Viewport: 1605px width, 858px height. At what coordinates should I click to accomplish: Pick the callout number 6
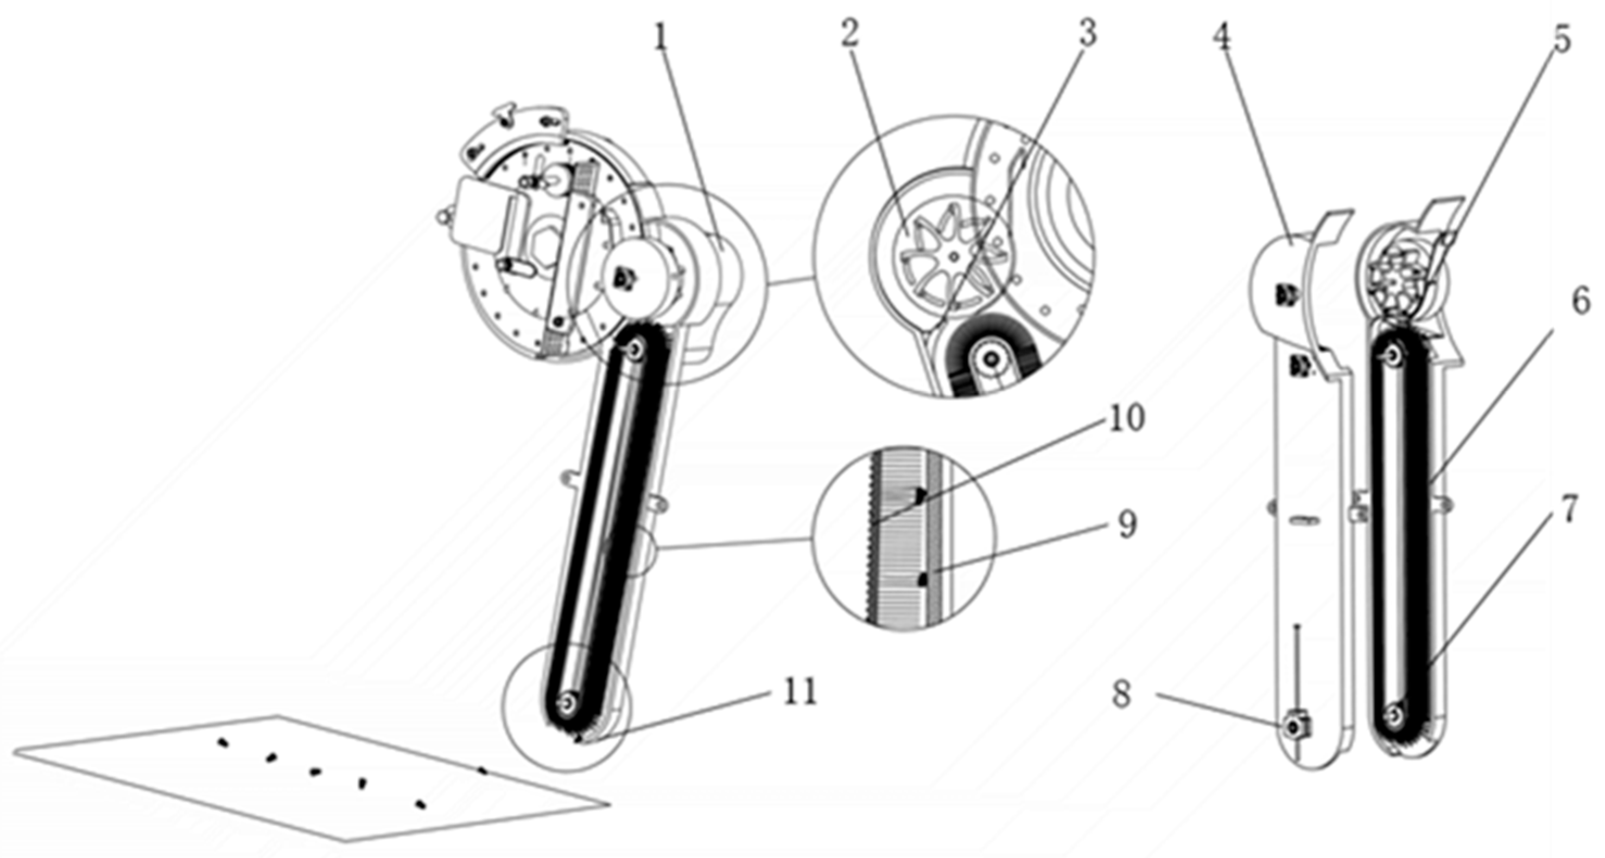(1580, 302)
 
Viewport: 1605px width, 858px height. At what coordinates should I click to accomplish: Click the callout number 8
(1122, 694)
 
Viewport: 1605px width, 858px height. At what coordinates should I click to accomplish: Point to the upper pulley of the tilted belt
(635, 350)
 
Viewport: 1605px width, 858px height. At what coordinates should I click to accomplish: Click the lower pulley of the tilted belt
(568, 701)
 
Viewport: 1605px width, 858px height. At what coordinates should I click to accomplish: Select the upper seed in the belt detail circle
(919, 495)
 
